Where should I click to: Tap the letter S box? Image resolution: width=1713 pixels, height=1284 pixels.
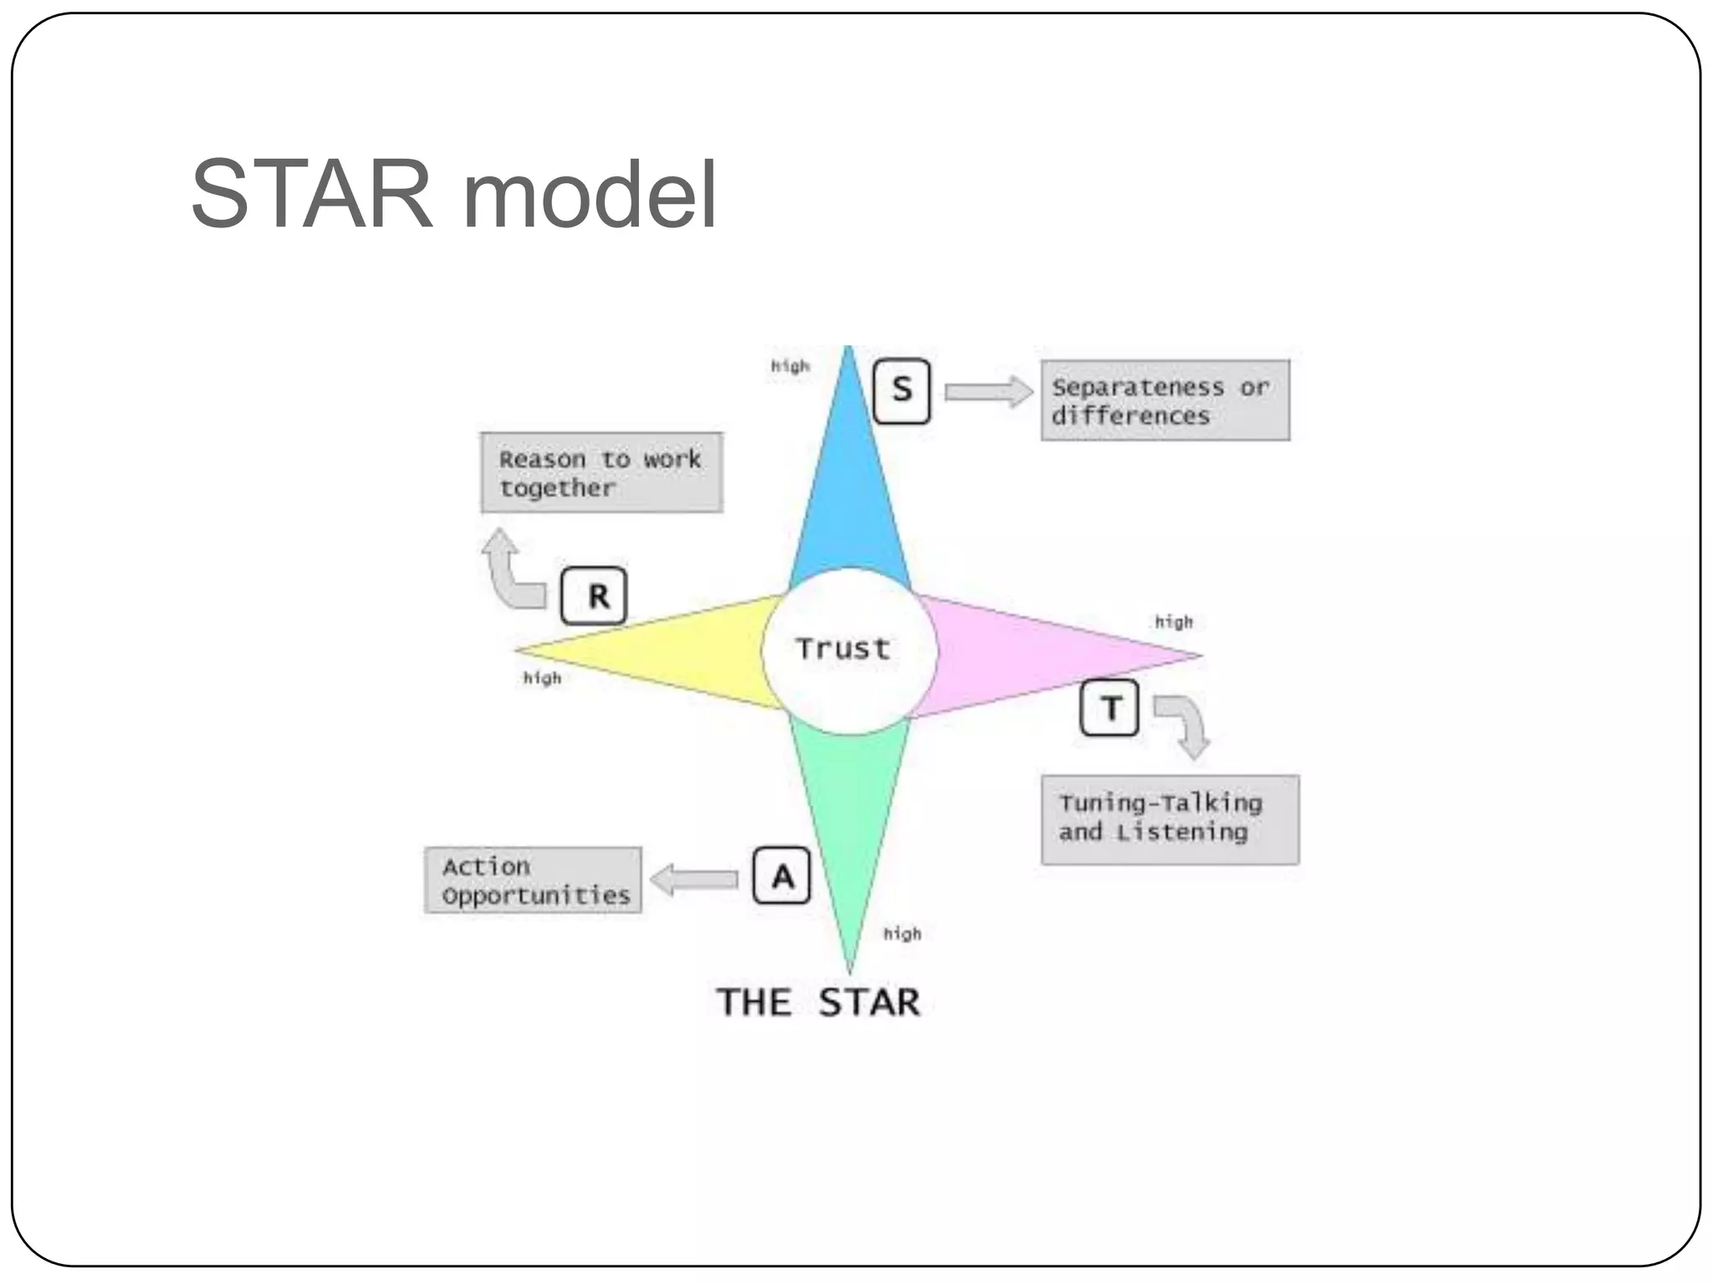pos(901,390)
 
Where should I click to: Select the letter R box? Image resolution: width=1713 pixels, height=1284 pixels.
pos(594,596)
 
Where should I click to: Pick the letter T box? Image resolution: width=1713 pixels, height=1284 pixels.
pos(1109,708)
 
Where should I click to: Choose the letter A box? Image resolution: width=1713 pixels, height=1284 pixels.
pos(781,876)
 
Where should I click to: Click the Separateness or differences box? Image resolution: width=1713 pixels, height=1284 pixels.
pos(1164,400)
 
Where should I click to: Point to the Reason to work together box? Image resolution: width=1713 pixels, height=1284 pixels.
pos(601,472)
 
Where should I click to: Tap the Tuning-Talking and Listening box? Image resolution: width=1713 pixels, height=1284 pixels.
pos(1169,819)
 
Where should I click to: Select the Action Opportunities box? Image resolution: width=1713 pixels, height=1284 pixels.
pos(534,880)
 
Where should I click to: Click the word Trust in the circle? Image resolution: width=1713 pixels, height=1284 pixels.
pos(843,649)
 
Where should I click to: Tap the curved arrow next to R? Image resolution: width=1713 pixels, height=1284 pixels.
pos(512,573)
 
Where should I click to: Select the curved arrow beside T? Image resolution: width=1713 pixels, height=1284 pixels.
pos(1186,724)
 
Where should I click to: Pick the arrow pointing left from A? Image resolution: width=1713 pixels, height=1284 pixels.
pos(694,879)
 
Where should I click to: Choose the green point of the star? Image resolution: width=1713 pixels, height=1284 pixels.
pos(850,819)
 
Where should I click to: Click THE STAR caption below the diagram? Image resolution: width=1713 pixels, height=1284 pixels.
pos(818,1002)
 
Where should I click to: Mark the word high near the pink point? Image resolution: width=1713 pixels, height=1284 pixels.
pos(1174,622)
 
